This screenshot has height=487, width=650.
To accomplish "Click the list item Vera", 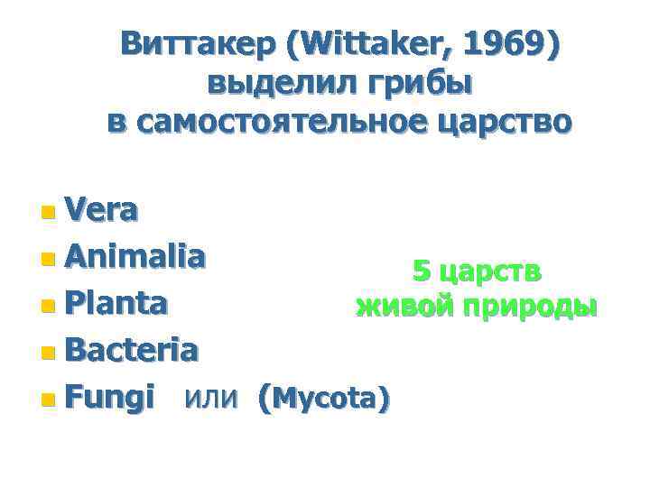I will point(102,210).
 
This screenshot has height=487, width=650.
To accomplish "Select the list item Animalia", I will point(135,257).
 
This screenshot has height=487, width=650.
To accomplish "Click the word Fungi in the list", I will point(110,395).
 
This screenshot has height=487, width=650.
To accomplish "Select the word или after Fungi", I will point(212,395).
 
